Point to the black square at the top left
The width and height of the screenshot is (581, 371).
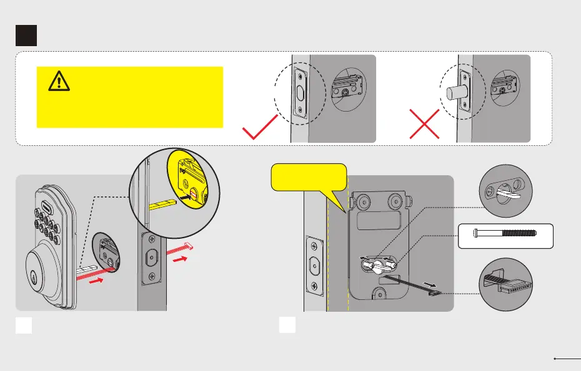click(26, 35)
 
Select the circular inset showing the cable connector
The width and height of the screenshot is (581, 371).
click(505, 285)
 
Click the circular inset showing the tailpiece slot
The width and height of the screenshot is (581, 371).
click(505, 190)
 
